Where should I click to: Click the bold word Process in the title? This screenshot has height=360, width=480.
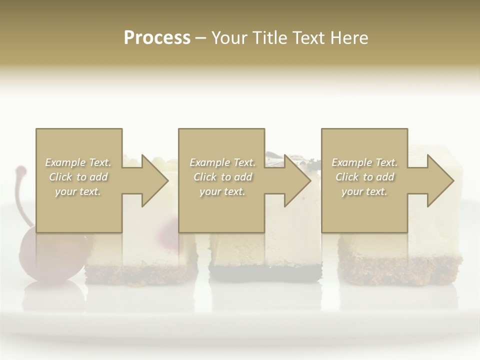click(x=157, y=38)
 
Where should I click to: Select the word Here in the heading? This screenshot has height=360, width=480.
click(x=348, y=38)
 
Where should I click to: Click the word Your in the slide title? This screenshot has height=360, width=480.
click(x=229, y=38)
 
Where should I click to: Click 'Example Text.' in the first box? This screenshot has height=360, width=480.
click(x=78, y=162)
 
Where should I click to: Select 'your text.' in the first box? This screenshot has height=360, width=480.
click(x=78, y=191)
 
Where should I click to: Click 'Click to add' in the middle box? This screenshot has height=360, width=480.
click(x=222, y=177)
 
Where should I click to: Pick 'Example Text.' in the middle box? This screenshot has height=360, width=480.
click(x=222, y=162)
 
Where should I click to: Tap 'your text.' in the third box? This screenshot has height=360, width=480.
click(x=364, y=191)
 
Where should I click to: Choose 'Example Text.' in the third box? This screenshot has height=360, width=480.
click(x=364, y=162)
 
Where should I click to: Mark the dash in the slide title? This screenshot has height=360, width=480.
click(x=201, y=38)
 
